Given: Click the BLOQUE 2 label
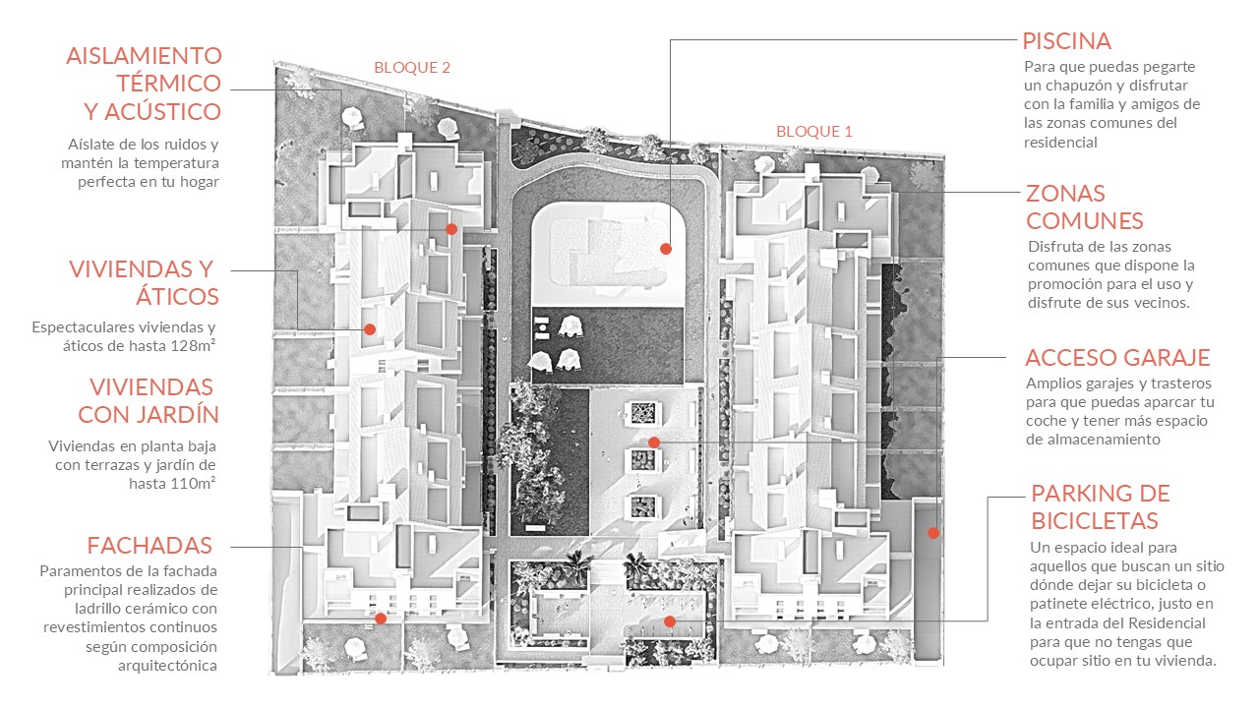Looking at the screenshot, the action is tap(412, 68).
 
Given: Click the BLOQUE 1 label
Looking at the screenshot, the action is tap(813, 132).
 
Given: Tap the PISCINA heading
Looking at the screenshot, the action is tap(1066, 41).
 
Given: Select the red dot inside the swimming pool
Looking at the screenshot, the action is tap(666, 249).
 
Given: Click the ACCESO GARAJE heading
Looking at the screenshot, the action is tap(1117, 358).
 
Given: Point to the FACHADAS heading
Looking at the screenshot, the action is tap(150, 546).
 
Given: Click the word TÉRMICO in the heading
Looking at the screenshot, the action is tap(168, 84).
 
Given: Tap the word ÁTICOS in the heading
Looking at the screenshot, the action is tap(177, 296).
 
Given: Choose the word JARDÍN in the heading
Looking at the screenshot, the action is tap(183, 414).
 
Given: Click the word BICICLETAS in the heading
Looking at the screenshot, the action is tap(1095, 521).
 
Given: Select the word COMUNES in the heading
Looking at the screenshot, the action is tap(1084, 221).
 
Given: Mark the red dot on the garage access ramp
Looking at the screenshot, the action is tap(933, 533).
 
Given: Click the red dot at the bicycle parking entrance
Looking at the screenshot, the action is tap(670, 621).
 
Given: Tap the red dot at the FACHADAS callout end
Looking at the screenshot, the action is tap(381, 619).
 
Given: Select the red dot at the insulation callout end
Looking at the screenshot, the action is tap(451, 229).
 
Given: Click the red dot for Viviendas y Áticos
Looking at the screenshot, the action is tap(370, 329).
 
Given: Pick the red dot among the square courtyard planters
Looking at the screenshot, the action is tap(654, 442).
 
